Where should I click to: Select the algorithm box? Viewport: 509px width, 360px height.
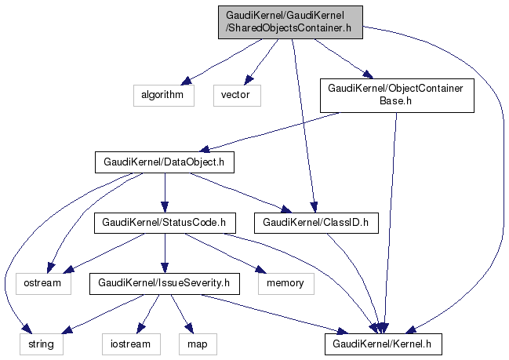coord(162,94)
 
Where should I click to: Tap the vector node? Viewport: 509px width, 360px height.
coord(235,94)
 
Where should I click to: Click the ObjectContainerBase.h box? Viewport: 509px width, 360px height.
coord(397,95)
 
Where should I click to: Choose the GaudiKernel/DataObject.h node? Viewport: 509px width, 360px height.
coord(164,162)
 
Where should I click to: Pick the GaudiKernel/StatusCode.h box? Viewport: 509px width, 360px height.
coord(164,223)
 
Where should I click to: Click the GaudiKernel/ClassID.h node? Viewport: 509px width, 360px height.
coord(320,223)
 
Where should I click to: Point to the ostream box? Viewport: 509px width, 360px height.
coord(42,282)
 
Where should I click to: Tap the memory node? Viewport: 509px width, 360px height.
coord(285,282)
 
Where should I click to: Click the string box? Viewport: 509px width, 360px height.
coord(42,343)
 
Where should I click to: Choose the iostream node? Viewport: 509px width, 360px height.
coord(131,343)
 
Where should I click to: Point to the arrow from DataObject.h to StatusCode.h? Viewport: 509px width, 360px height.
coord(164,193)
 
